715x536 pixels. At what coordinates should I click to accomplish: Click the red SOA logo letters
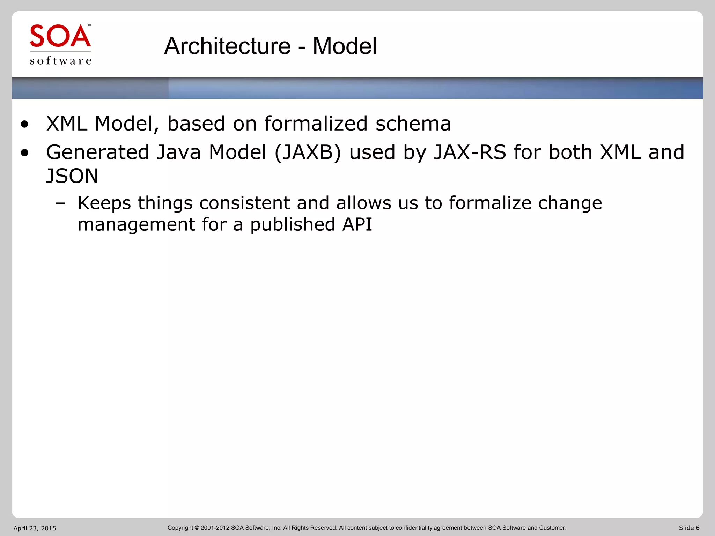[60, 36]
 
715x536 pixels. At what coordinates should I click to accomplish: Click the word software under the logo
[61, 61]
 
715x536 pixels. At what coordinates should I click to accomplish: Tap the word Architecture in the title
[227, 46]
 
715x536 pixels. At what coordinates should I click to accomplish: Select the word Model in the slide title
[345, 46]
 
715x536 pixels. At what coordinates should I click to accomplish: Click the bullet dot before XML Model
[24, 124]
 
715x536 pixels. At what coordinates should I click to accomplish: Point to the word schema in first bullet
[413, 124]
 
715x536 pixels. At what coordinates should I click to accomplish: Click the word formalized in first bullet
[316, 124]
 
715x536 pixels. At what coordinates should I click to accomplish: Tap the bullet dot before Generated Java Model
[24, 153]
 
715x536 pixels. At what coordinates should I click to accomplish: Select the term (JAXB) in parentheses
[308, 152]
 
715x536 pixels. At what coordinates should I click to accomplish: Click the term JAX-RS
[470, 152]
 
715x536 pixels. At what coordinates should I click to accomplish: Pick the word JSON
[72, 176]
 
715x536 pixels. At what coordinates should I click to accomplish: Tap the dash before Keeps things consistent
[60, 203]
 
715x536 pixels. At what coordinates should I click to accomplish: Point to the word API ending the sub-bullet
[357, 224]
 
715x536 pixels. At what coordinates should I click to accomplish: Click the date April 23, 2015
[35, 528]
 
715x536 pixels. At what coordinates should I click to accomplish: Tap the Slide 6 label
[689, 528]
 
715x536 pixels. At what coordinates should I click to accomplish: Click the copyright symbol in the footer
[197, 528]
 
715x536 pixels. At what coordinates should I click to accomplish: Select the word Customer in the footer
[552, 528]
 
